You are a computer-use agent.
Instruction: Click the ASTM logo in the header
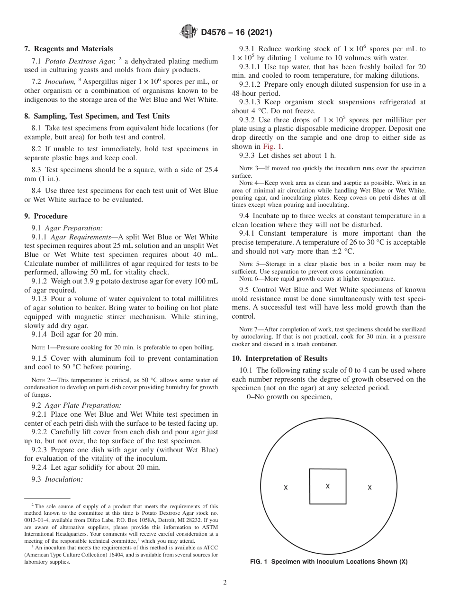189,32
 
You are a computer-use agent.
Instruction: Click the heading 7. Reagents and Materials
69,49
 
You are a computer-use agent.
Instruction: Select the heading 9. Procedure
46,216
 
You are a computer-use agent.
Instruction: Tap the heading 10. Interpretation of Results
279,358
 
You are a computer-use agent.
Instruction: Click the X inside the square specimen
328,486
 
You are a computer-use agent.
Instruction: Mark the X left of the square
286,487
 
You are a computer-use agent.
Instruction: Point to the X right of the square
369,487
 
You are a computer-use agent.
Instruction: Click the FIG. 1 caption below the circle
329,562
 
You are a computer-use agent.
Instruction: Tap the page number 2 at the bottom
225,583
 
